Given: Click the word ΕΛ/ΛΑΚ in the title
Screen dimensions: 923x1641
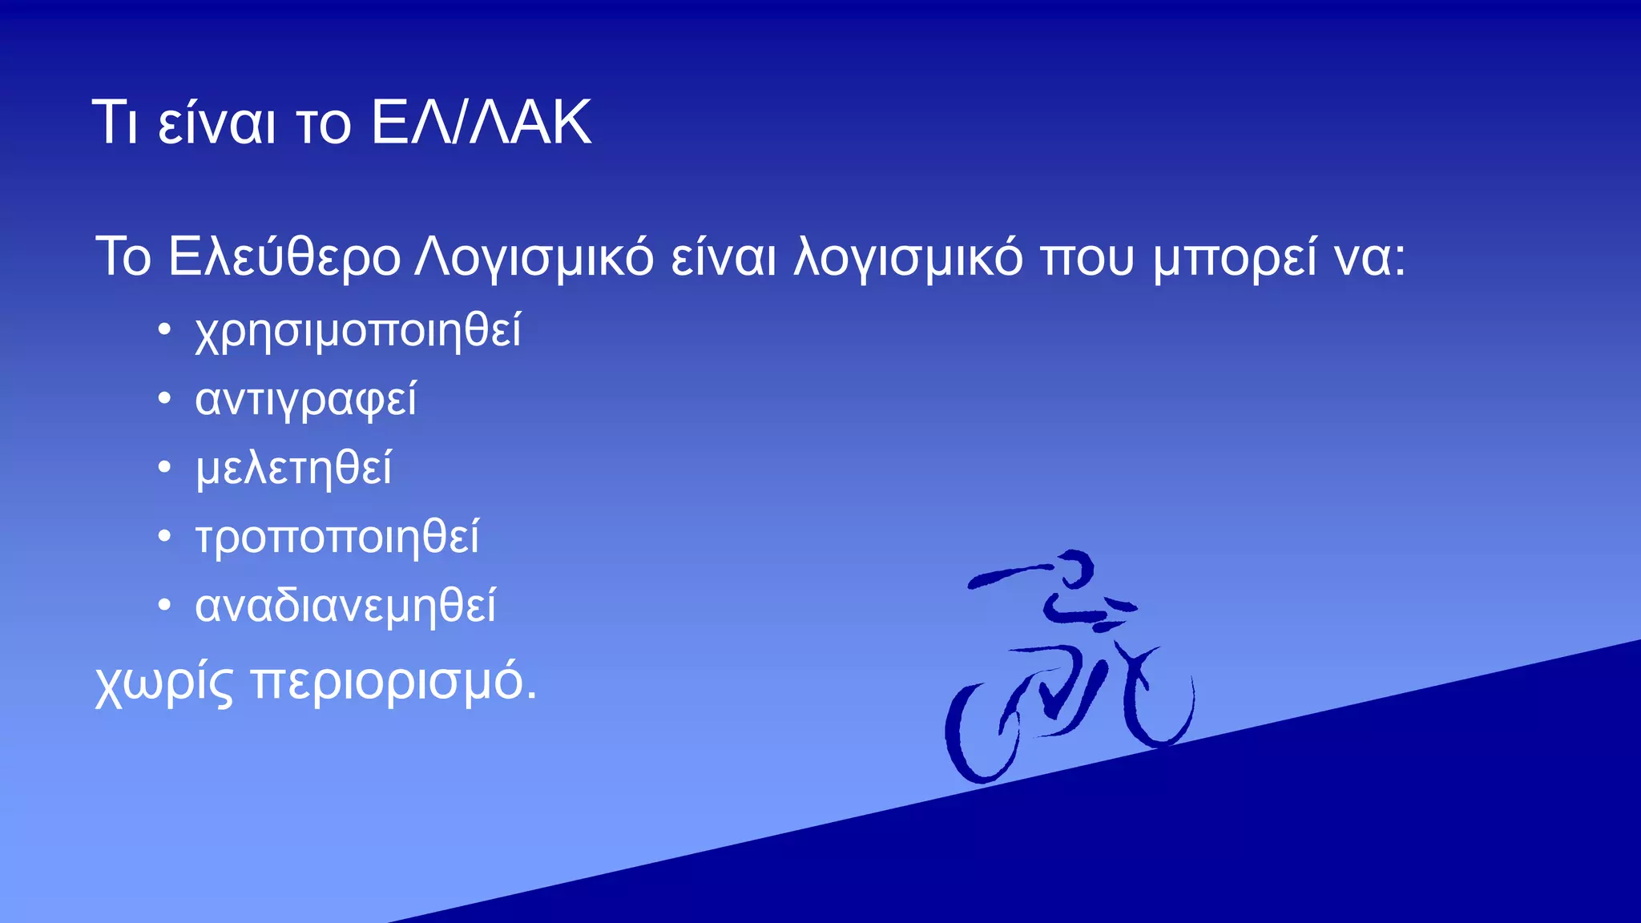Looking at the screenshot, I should point(482,123).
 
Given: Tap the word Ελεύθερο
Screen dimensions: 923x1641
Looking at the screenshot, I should point(284,258).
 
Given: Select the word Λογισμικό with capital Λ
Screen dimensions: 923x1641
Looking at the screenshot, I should point(534,258).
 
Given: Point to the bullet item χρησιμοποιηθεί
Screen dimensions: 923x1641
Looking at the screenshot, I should point(358,331).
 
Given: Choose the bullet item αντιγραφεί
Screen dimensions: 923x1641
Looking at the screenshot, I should point(305,400).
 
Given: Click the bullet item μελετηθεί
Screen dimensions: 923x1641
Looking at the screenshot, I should point(293,469).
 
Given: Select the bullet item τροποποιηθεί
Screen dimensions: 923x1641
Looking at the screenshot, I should point(337,537).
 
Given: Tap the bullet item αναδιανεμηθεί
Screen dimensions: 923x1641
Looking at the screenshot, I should point(345,607).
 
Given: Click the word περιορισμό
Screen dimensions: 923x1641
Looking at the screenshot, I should point(393,683).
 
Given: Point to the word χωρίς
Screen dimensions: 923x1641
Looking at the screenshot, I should point(164,683).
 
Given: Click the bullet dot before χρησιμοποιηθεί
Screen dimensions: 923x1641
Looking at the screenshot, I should point(164,329).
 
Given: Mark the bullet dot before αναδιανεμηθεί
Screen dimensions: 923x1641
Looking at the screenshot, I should point(164,605).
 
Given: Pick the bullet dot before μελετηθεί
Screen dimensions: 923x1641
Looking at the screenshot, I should point(164,467).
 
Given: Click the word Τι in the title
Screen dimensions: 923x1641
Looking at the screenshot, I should point(118,123).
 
